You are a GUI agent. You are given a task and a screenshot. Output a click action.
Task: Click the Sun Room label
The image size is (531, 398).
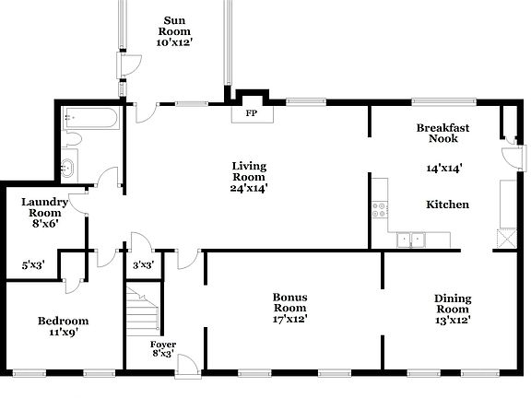click(x=179, y=30)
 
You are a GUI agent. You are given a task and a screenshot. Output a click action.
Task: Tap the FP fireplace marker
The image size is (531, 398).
click(x=250, y=114)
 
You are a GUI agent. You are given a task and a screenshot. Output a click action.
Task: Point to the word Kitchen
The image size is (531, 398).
click(x=447, y=204)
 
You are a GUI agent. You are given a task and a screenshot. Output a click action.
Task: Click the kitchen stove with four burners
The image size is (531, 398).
click(x=379, y=209)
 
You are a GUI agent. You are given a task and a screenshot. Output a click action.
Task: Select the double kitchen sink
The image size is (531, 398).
click(x=410, y=240)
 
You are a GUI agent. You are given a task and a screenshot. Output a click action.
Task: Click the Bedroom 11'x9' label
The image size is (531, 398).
click(x=64, y=326)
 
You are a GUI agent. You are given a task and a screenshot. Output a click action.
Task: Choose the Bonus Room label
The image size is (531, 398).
click(x=289, y=307)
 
